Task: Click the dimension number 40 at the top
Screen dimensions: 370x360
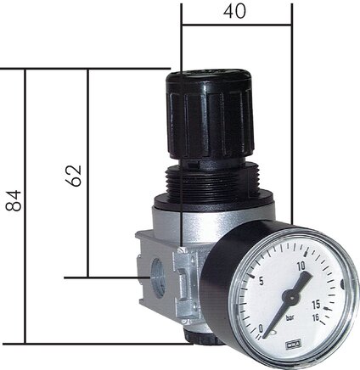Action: [x=235, y=13]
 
